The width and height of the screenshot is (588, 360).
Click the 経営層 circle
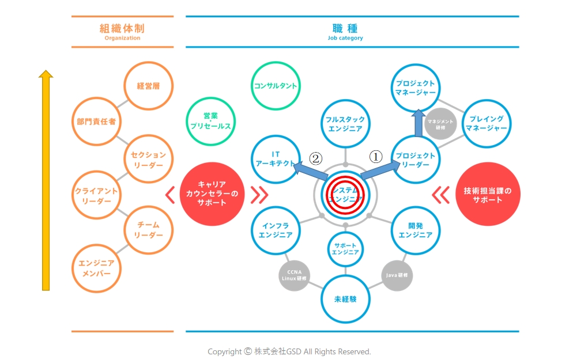point(148,86)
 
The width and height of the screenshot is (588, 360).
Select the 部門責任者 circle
point(96,122)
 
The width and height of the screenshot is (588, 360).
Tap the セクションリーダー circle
point(148,160)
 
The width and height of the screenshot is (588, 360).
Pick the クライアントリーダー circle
point(96,196)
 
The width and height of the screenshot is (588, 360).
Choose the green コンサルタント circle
point(276,86)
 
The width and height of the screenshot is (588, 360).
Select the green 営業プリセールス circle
point(210,121)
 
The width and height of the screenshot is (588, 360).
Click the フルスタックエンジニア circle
point(345,124)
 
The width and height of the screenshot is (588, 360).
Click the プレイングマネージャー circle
point(487,123)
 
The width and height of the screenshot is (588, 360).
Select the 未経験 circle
point(345,299)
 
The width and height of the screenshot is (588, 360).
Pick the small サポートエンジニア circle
point(345,248)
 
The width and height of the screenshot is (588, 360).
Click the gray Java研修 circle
point(397,275)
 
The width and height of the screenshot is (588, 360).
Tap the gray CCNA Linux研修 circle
point(295,275)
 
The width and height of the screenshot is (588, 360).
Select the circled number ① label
point(375,156)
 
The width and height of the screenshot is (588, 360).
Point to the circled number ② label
point(315,158)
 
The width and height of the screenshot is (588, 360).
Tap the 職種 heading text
point(345,28)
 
